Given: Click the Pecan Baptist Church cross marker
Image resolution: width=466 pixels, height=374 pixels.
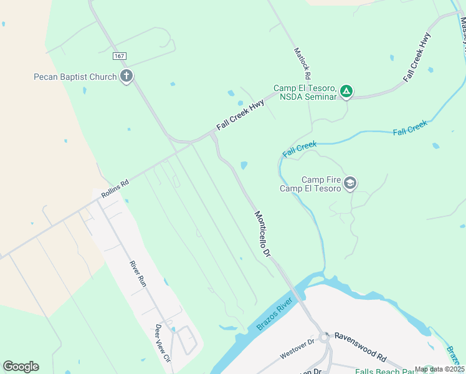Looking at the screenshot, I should tap(126, 77).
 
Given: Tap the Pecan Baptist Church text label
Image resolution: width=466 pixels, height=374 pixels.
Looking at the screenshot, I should tap(75, 77).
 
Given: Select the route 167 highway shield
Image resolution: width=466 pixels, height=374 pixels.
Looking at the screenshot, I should tap(120, 56).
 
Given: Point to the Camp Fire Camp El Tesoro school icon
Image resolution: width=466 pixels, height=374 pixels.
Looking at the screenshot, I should tap(350, 183).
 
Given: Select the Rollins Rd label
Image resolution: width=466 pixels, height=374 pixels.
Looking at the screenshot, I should tap(115, 189).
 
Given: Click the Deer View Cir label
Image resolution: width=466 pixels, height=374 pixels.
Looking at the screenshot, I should tap(162, 343).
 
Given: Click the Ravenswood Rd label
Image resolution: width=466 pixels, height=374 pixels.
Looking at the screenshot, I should tap(360, 346).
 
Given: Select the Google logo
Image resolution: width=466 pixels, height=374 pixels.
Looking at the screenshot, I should tap(21, 367).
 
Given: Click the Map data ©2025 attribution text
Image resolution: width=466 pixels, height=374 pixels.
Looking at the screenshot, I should tap(440, 369).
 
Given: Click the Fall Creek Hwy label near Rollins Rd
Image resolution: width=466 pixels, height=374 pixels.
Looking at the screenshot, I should tap(240, 115).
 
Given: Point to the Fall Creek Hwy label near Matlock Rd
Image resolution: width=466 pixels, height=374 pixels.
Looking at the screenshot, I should tap(417, 58).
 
